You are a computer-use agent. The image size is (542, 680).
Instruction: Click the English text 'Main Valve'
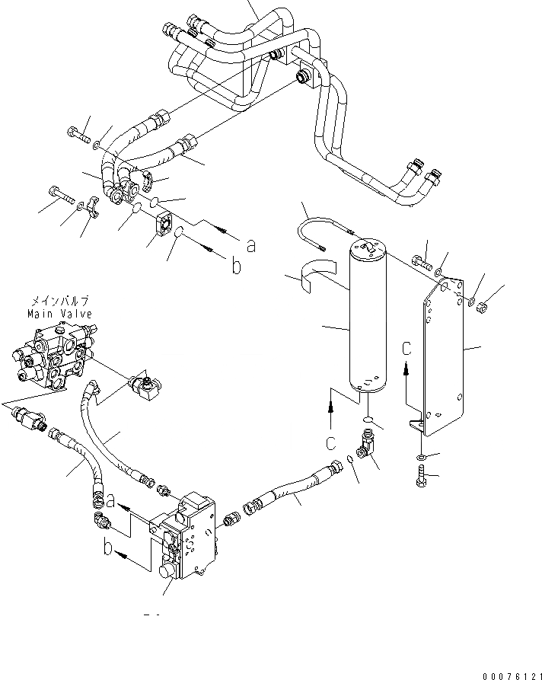click(x=59, y=313)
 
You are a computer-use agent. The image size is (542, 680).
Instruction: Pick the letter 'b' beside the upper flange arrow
click(x=237, y=267)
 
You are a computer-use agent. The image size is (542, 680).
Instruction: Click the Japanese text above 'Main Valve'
click(x=59, y=302)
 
